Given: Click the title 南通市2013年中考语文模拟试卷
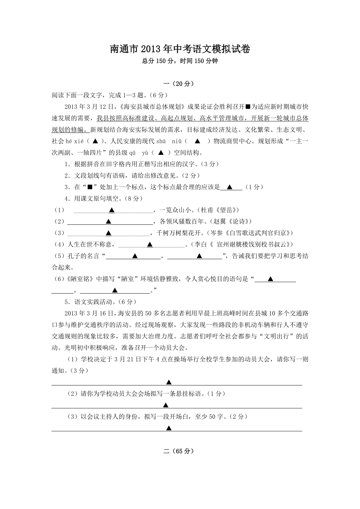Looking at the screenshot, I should (180, 49).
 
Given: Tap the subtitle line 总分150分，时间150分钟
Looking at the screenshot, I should (180, 61).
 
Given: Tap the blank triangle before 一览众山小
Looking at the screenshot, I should (112, 210).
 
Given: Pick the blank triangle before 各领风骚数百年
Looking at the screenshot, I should (108, 222).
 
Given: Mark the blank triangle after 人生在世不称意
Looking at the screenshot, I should (149, 245).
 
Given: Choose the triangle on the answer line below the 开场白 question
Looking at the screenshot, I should (169, 428).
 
